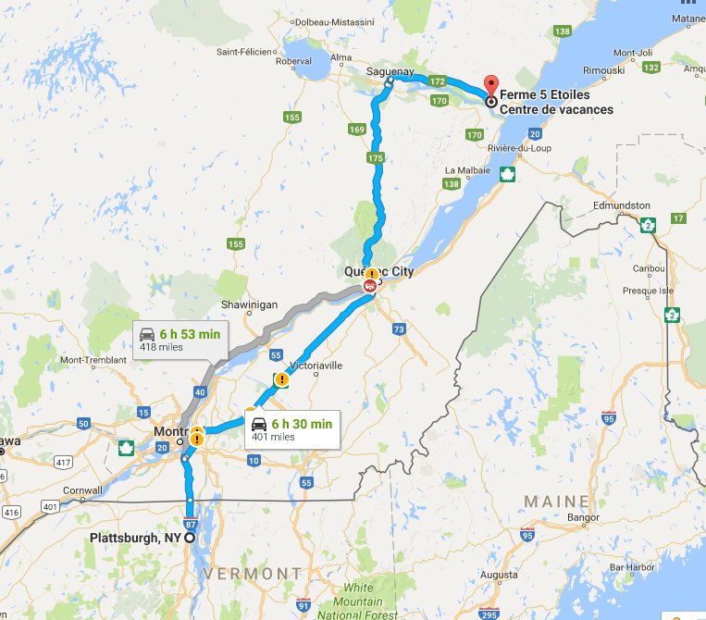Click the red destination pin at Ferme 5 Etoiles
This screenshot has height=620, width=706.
tap(490, 86)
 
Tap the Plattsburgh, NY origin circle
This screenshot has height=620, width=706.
tap(190, 538)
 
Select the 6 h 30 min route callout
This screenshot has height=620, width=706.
tap(291, 429)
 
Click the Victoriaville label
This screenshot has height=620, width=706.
tap(316, 366)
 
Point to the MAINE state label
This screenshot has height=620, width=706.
tap(556, 501)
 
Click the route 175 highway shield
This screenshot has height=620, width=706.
tap(375, 159)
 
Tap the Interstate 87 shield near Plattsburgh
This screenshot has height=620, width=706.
tap(191, 524)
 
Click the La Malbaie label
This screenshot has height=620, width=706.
tap(464, 170)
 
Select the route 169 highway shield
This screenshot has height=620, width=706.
tap(356, 130)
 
